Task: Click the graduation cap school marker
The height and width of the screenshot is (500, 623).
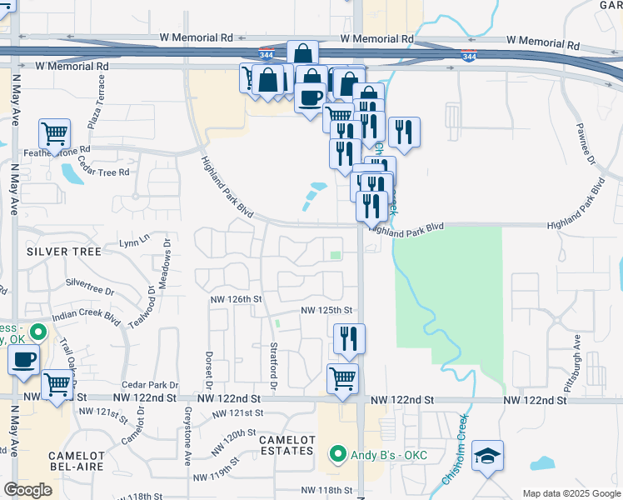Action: click(487, 456)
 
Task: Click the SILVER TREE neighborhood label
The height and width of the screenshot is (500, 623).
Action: click(63, 250)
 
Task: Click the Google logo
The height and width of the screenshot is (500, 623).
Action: click(27, 490)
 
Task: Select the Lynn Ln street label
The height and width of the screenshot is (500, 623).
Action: click(134, 242)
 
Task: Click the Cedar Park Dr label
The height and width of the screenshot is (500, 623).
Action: click(150, 385)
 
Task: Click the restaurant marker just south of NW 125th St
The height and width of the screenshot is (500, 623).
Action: click(349, 338)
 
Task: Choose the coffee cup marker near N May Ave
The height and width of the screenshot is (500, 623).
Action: click(23, 360)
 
